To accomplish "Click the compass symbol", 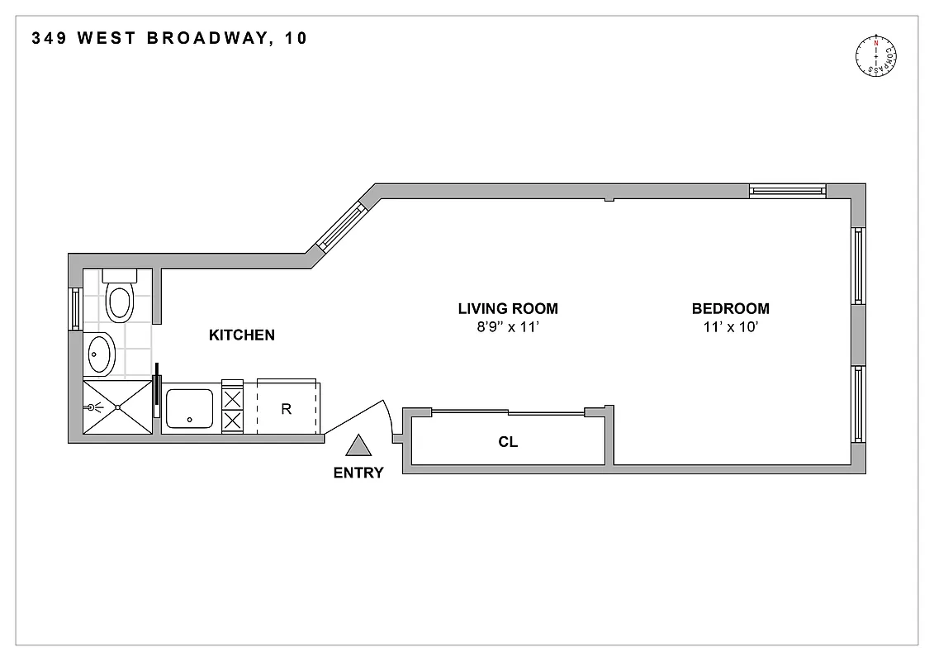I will pos(876,57).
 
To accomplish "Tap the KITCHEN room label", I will pos(241,335).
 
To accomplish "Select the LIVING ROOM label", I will pos(508,309).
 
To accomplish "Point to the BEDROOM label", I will pos(730,309).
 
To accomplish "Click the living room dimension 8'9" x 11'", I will pos(508,327).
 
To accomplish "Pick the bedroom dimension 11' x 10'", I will pos(730,327).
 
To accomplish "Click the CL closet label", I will pos(508,442).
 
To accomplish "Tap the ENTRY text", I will pos(358,473).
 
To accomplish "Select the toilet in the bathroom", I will pos(121,299).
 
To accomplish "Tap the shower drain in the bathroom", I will pos(118,407).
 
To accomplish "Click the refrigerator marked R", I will pos(287,408).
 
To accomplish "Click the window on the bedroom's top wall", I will pos(787,191).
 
